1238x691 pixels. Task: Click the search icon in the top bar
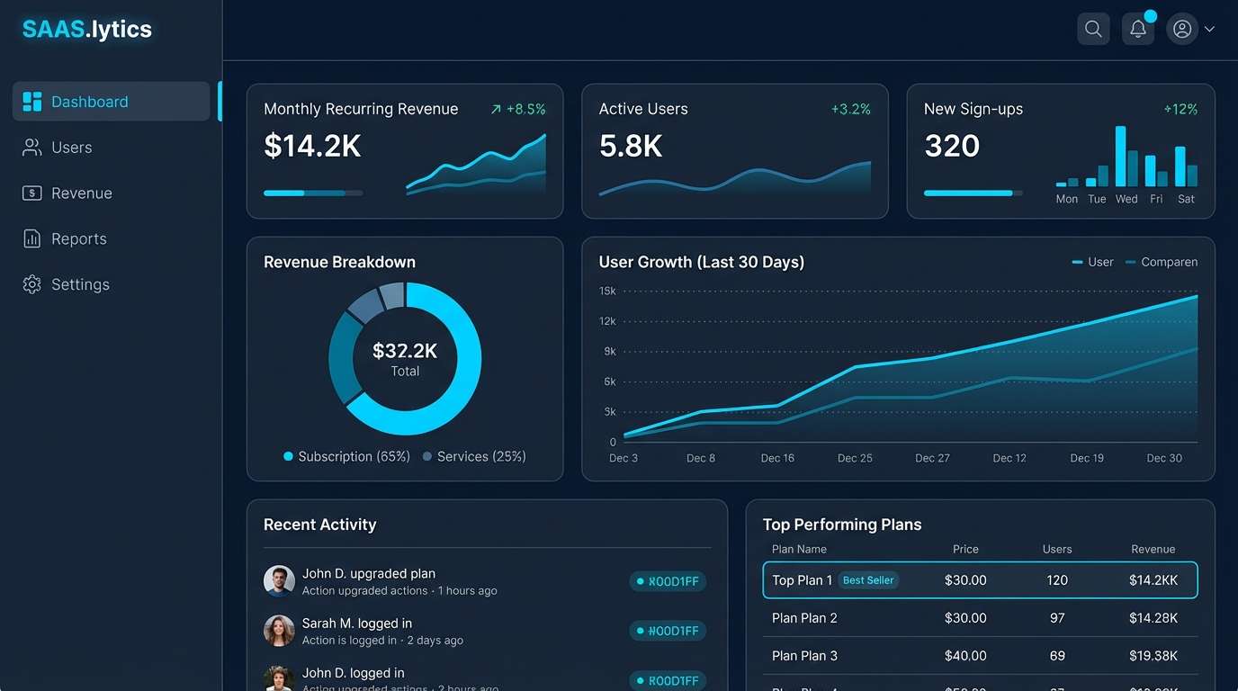coord(1093,29)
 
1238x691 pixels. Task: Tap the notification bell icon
coord(1138,29)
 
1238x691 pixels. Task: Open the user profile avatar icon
coord(1182,29)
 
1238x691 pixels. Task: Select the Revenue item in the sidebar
coord(81,193)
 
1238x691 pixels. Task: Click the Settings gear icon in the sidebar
coord(32,284)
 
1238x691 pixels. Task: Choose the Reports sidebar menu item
coord(78,239)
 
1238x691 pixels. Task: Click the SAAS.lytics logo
coord(87,30)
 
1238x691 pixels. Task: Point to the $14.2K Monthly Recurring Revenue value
coord(312,146)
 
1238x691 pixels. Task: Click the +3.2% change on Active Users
coord(850,109)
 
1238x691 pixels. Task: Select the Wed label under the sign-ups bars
coord(1126,199)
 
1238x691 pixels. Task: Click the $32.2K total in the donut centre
coord(405,351)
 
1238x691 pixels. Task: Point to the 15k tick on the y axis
coord(607,291)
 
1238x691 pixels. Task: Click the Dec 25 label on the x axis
coord(855,458)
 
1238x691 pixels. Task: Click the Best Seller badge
coord(868,580)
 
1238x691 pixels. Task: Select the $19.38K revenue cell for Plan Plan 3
coord(1153,656)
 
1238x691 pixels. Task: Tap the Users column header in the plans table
coord(1057,549)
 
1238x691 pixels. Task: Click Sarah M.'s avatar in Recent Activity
coord(279,631)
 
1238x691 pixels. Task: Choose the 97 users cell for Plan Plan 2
coord(1057,618)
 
